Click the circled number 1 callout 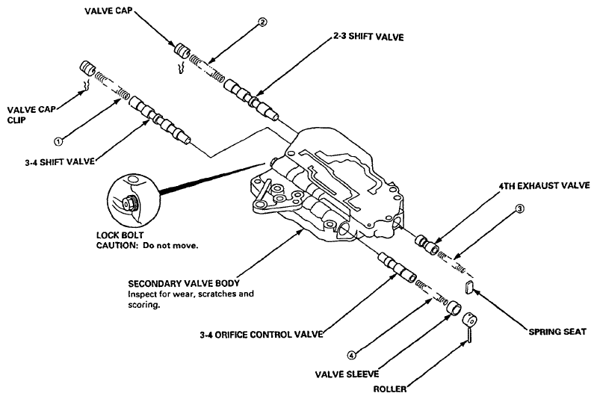(58, 142)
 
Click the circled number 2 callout (262, 22)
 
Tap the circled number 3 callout (520, 208)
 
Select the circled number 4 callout (352, 355)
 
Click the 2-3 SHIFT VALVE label (365, 37)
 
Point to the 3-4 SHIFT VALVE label (60, 162)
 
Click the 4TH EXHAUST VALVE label (545, 186)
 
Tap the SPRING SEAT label (557, 332)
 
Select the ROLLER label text (389, 389)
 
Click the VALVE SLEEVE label (347, 374)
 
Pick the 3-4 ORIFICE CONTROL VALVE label (262, 335)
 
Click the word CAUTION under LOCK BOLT (116, 245)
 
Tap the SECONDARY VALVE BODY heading (184, 284)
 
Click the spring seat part (469, 287)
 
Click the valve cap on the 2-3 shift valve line (182, 51)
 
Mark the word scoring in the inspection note (143, 305)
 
